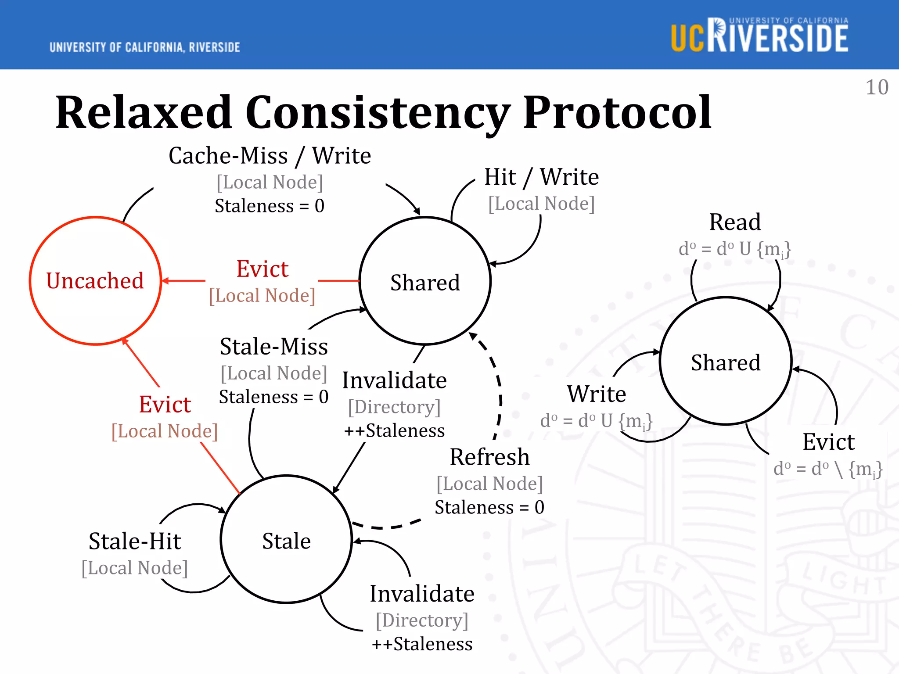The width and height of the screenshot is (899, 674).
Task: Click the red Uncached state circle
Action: pyautogui.click(x=95, y=281)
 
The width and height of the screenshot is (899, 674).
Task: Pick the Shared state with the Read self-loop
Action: pyautogui.click(x=726, y=362)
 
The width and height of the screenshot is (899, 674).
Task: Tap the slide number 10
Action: pyautogui.click(x=877, y=87)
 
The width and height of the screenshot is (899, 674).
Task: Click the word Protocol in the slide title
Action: pyautogui.click(x=617, y=113)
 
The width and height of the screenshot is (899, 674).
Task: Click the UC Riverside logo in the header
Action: pyautogui.click(x=759, y=36)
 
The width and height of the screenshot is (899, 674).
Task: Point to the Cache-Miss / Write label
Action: pyautogui.click(x=270, y=156)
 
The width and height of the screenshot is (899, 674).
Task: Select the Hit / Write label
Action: pyautogui.click(x=541, y=177)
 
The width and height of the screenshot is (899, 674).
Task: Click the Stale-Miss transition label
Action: pyautogui.click(x=274, y=347)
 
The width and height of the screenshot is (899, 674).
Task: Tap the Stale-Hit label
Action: pyautogui.click(x=135, y=541)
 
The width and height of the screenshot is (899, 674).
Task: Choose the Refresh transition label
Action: pyautogui.click(x=489, y=457)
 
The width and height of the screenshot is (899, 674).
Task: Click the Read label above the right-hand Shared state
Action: pyautogui.click(x=735, y=222)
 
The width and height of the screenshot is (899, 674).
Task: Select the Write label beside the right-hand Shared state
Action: pyautogui.click(x=597, y=394)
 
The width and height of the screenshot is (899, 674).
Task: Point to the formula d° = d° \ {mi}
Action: pyautogui.click(x=828, y=469)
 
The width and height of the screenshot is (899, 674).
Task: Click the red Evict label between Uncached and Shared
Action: pyautogui.click(x=262, y=269)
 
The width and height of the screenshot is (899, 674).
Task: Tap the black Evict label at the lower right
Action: pyautogui.click(x=828, y=442)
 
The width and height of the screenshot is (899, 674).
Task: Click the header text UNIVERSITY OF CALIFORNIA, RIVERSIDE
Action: pyautogui.click(x=145, y=47)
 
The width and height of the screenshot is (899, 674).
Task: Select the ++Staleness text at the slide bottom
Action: pyautogui.click(x=422, y=644)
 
